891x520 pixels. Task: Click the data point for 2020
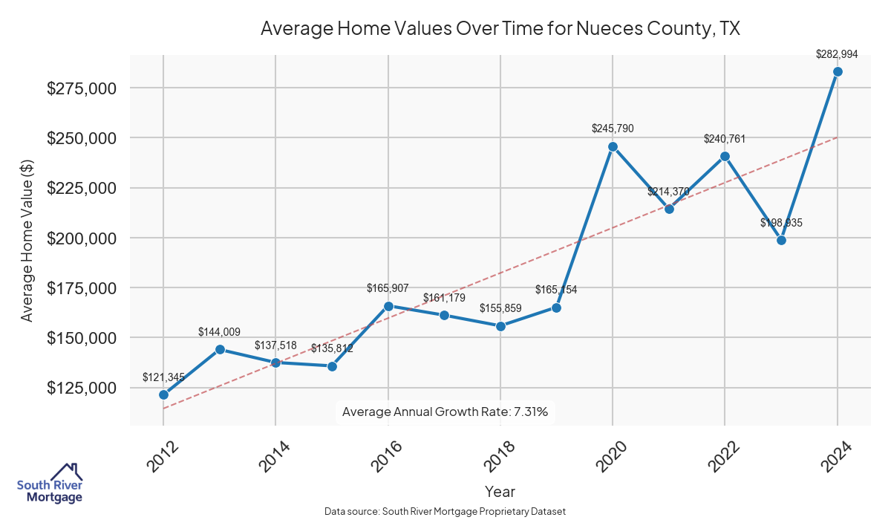coord(613,146)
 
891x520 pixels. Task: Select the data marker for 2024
coord(838,71)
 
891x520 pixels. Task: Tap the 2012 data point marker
coord(163,394)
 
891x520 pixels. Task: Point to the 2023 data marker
coord(781,240)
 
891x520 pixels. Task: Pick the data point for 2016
coord(388,305)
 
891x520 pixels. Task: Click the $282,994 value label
coord(837,54)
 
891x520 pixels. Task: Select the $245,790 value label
coord(613,129)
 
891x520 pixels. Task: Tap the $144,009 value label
coord(220,332)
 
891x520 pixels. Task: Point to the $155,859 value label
coord(500,308)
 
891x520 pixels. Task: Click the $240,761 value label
coord(725,139)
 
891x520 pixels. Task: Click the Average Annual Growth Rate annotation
coord(445,412)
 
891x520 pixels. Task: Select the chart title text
coord(500,29)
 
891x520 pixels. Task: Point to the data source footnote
coord(445,511)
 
